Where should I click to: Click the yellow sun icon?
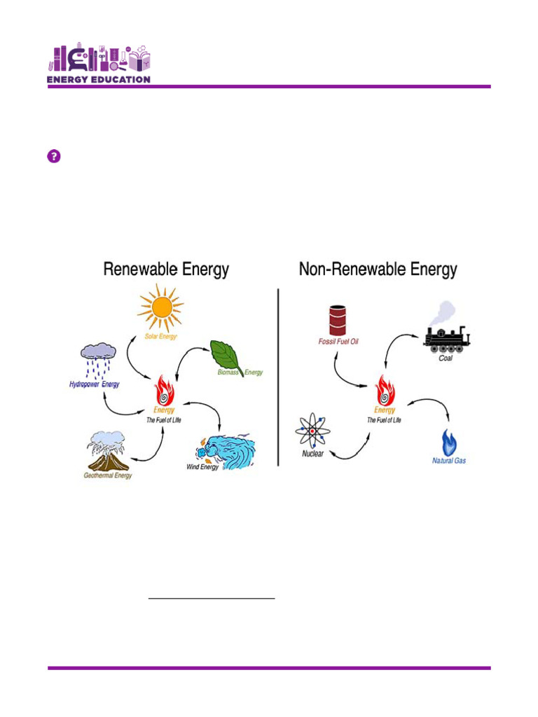(x=160, y=307)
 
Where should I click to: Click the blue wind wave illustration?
(x=226, y=450)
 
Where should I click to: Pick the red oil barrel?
(x=338, y=321)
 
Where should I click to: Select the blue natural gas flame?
(x=448, y=443)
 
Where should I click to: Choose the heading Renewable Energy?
(x=166, y=270)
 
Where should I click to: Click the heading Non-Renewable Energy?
(x=378, y=270)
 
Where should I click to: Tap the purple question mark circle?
(x=54, y=156)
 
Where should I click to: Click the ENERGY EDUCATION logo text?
(x=99, y=79)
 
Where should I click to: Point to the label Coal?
(x=446, y=358)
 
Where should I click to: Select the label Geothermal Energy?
(x=108, y=476)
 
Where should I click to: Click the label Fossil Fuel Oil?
(x=338, y=342)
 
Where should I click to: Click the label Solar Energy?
(x=160, y=336)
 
